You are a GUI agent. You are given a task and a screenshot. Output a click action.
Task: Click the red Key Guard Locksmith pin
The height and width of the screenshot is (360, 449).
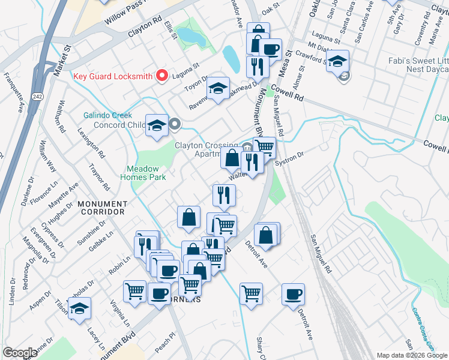(161, 76)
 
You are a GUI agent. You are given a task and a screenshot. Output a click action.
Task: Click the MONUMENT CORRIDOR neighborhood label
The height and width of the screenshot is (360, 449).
(101, 208)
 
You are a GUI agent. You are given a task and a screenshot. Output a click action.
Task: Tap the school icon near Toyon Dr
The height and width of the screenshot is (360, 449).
(218, 88)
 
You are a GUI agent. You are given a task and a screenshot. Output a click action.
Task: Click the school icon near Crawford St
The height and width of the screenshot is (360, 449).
(338, 61)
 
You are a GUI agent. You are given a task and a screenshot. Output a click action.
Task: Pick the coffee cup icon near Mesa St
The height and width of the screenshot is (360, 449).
(270, 49)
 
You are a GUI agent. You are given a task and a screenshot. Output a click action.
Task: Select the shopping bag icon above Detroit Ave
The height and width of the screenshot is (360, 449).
(267, 235)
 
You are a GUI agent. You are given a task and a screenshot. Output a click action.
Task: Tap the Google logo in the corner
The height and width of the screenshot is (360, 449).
(20, 353)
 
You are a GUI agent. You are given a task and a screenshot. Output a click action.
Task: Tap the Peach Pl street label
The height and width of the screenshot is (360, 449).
(172, 338)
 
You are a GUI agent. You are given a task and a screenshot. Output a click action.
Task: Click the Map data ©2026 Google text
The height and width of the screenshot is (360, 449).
(412, 355)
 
